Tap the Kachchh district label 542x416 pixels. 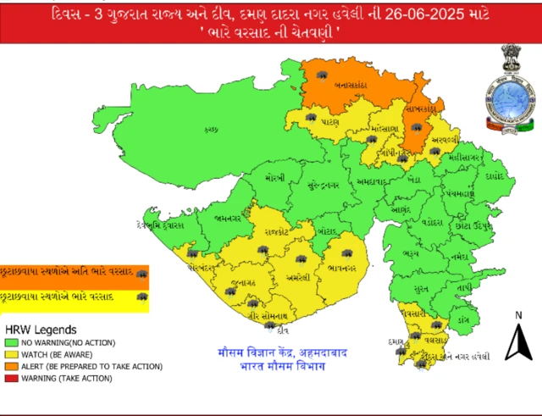click(213, 129)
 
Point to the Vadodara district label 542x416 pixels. click(432, 221)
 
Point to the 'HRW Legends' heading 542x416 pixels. click(41, 329)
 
